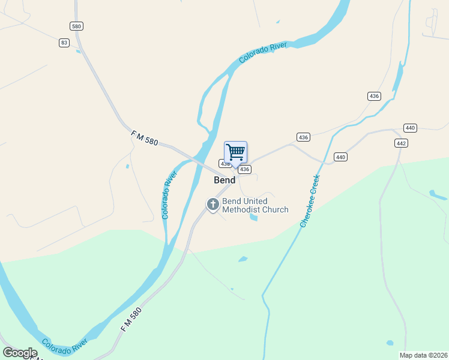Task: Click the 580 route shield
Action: [76, 26]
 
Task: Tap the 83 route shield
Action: [64, 43]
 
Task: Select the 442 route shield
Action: [401, 143]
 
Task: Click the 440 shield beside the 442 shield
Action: [411, 128]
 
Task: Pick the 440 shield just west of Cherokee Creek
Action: [340, 157]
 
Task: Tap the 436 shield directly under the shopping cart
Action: [244, 170]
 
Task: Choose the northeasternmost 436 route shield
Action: [374, 96]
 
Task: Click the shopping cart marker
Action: [236, 152]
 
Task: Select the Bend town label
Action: [224, 180]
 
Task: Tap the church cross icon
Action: [212, 205]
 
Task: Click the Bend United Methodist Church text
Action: [255, 206]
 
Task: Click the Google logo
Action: [20, 353]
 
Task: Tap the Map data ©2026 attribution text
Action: [423, 355]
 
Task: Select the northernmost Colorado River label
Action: [264, 52]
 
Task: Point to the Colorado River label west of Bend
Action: [170, 194]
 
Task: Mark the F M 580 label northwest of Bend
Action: [144, 139]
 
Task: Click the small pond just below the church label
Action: [253, 217]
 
